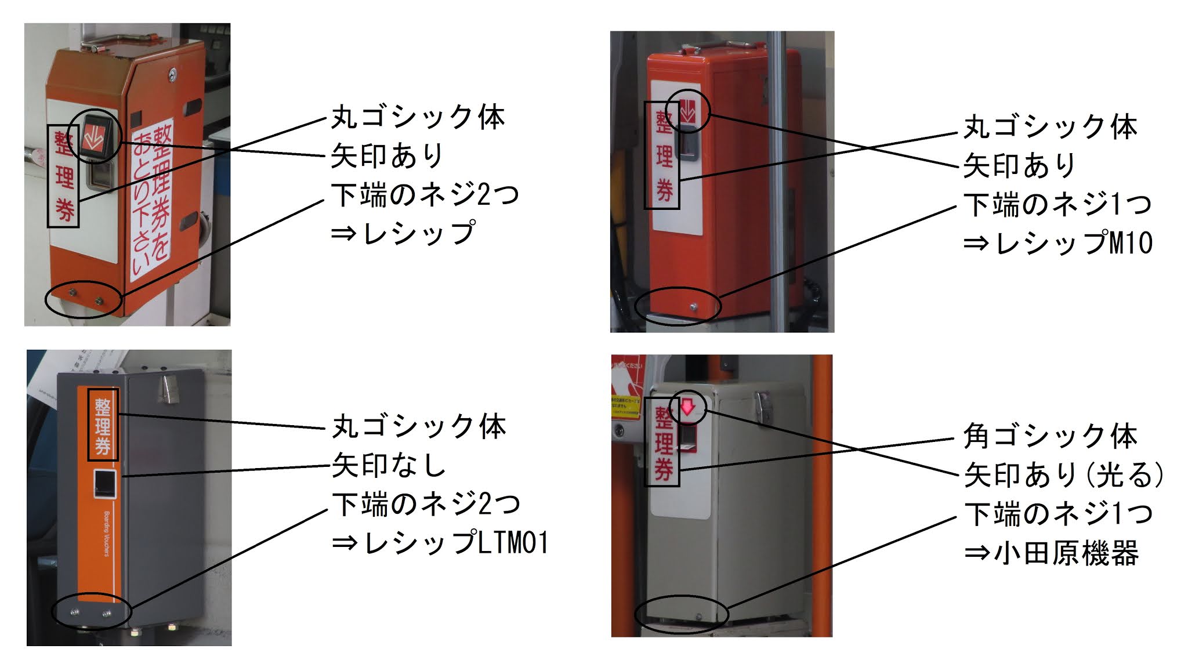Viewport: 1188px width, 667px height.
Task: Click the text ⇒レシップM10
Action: click(1057, 243)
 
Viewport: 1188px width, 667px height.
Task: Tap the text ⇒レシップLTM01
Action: click(440, 543)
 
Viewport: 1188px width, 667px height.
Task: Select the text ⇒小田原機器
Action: click(1051, 553)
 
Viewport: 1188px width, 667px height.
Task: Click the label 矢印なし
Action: click(389, 465)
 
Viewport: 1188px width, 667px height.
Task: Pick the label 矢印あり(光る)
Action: click(1064, 475)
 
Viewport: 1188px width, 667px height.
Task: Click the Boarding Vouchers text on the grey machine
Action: click(107, 534)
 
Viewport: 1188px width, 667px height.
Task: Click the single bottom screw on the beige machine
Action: click(698, 616)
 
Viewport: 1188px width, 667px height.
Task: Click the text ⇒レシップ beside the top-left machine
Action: click(403, 233)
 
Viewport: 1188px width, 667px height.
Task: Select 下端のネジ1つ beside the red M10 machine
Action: click(1057, 204)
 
